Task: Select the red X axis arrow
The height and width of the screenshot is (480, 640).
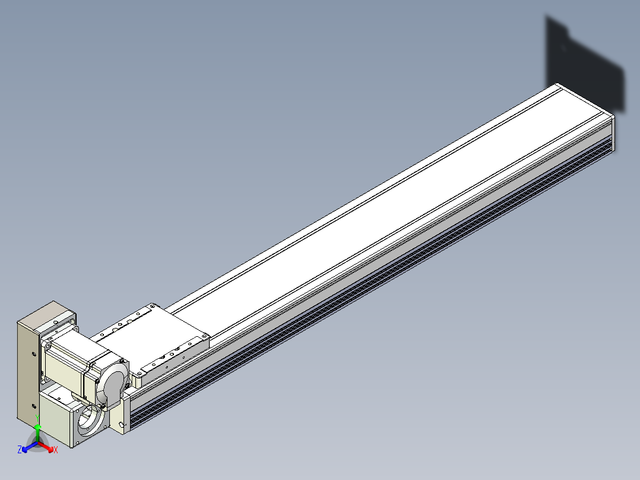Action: click(45, 447)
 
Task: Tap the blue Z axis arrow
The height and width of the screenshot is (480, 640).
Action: click(30, 447)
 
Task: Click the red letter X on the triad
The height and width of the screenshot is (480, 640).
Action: click(56, 450)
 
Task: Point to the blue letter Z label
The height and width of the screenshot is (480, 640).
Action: click(20, 450)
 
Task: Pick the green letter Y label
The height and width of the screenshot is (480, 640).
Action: click(37, 418)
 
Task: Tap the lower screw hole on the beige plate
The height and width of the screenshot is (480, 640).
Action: click(34, 406)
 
